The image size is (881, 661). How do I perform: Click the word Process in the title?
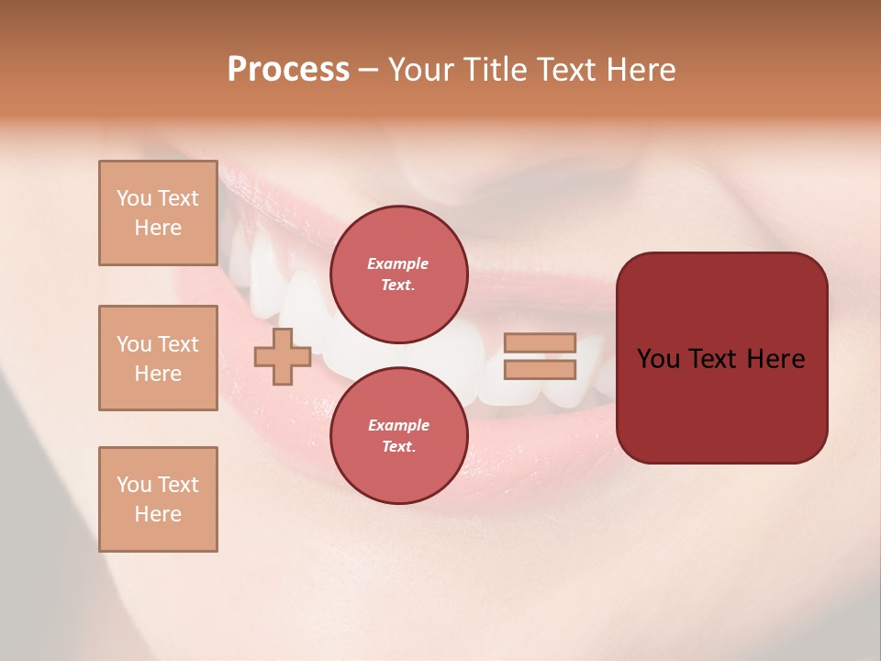click(288, 70)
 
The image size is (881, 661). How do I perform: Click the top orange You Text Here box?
click(158, 213)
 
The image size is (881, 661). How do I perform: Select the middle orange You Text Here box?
click(158, 358)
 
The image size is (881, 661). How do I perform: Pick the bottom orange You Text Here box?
click(158, 499)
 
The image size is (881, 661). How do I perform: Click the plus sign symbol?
click(283, 356)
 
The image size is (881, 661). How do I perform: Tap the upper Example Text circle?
click(398, 274)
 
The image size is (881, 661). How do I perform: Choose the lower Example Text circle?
click(398, 436)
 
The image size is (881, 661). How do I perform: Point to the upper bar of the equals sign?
click(540, 343)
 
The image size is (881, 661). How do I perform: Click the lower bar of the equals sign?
click(540, 370)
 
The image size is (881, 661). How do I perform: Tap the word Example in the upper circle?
click(398, 263)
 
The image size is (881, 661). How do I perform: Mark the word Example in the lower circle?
click(398, 425)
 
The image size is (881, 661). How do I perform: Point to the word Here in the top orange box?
click(158, 228)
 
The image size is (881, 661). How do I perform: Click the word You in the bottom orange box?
click(133, 485)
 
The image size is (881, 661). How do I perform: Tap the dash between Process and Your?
click(368, 71)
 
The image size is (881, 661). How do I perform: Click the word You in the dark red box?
click(658, 359)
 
